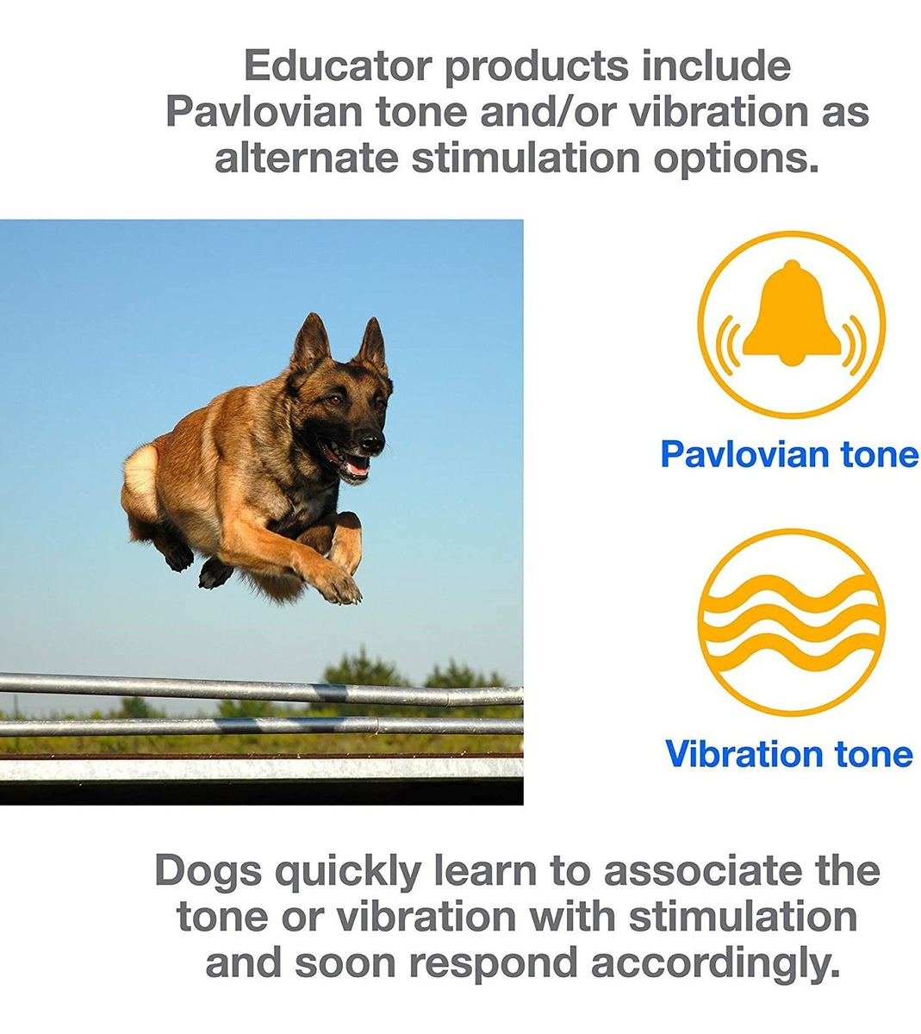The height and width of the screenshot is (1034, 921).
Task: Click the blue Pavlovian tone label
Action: (789, 453)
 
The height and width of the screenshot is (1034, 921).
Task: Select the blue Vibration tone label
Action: (789, 754)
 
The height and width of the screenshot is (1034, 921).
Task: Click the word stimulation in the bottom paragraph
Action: (743, 916)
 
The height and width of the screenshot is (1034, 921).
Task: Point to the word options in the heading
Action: (736, 159)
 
